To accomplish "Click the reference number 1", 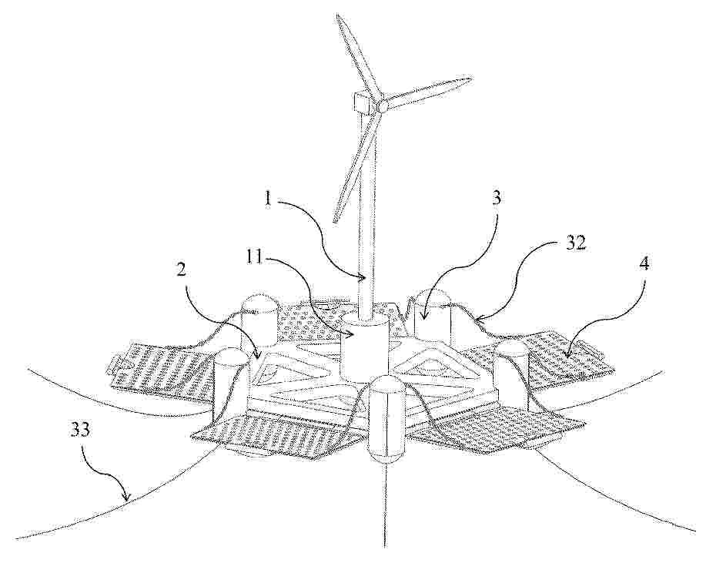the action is [269, 200].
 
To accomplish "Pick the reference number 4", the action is [644, 264].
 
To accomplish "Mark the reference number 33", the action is [80, 430].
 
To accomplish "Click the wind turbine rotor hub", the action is [383, 106].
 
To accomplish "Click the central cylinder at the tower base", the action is [364, 347].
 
